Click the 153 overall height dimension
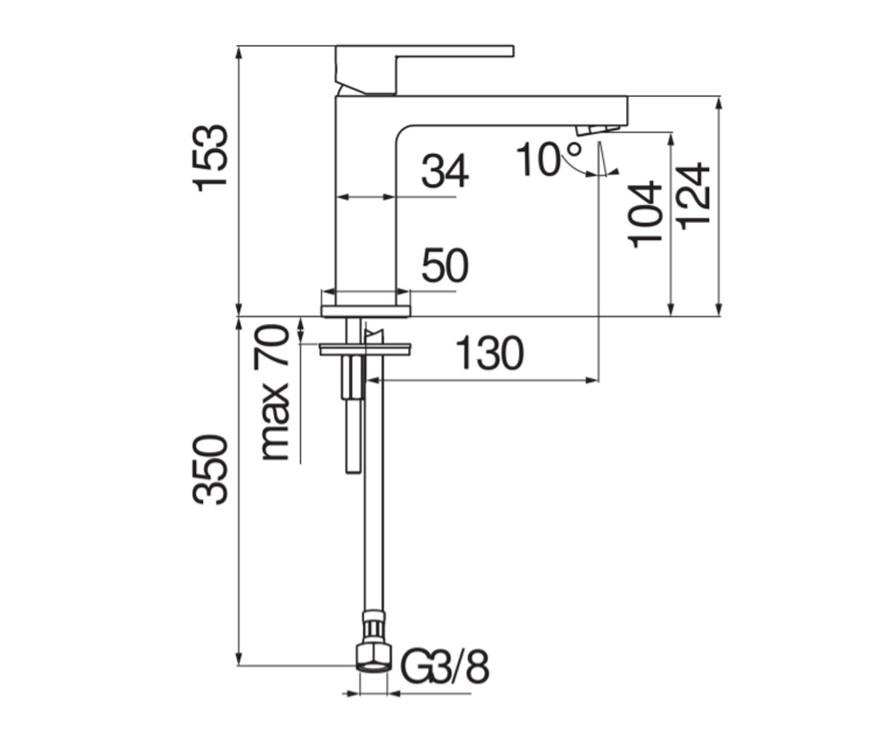click(x=210, y=159)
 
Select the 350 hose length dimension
click(x=210, y=470)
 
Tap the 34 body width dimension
click(x=445, y=171)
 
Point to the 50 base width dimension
click(x=445, y=265)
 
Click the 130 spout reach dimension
click(x=490, y=353)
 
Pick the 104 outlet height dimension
click(x=645, y=214)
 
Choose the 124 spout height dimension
click(x=693, y=196)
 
